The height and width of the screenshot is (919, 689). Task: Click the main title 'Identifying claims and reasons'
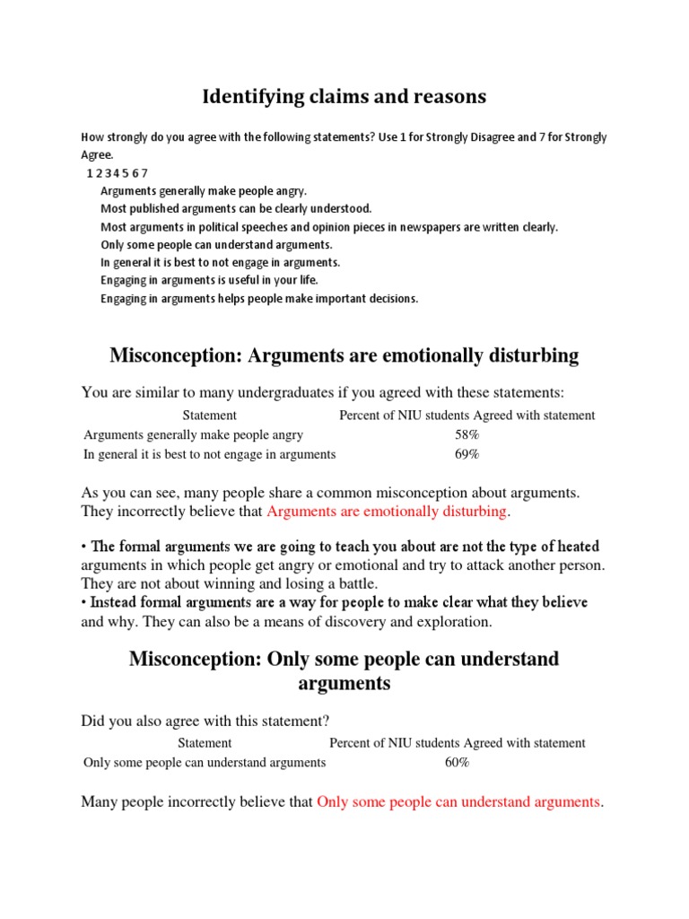[344, 96]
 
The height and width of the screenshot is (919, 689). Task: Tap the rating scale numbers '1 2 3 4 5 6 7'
[117, 173]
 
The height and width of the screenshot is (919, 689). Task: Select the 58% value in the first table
[467, 435]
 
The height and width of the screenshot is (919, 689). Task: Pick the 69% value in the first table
[467, 455]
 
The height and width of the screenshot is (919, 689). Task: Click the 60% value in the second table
[457, 763]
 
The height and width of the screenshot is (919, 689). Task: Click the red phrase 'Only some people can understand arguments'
[458, 802]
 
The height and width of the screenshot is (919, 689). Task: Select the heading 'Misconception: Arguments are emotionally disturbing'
[344, 356]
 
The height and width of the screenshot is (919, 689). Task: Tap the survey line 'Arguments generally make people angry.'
[204, 191]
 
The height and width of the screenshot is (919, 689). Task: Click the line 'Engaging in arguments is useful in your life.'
[209, 281]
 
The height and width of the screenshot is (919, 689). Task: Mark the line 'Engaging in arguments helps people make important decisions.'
[259, 299]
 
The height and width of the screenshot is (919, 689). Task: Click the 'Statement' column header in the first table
[209, 416]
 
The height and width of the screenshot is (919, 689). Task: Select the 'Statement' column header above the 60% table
[205, 743]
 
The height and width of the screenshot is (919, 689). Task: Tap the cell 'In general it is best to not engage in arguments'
[210, 455]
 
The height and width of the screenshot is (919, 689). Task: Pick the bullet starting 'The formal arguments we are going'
[342, 547]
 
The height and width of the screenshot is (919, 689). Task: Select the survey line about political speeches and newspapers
[328, 227]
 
